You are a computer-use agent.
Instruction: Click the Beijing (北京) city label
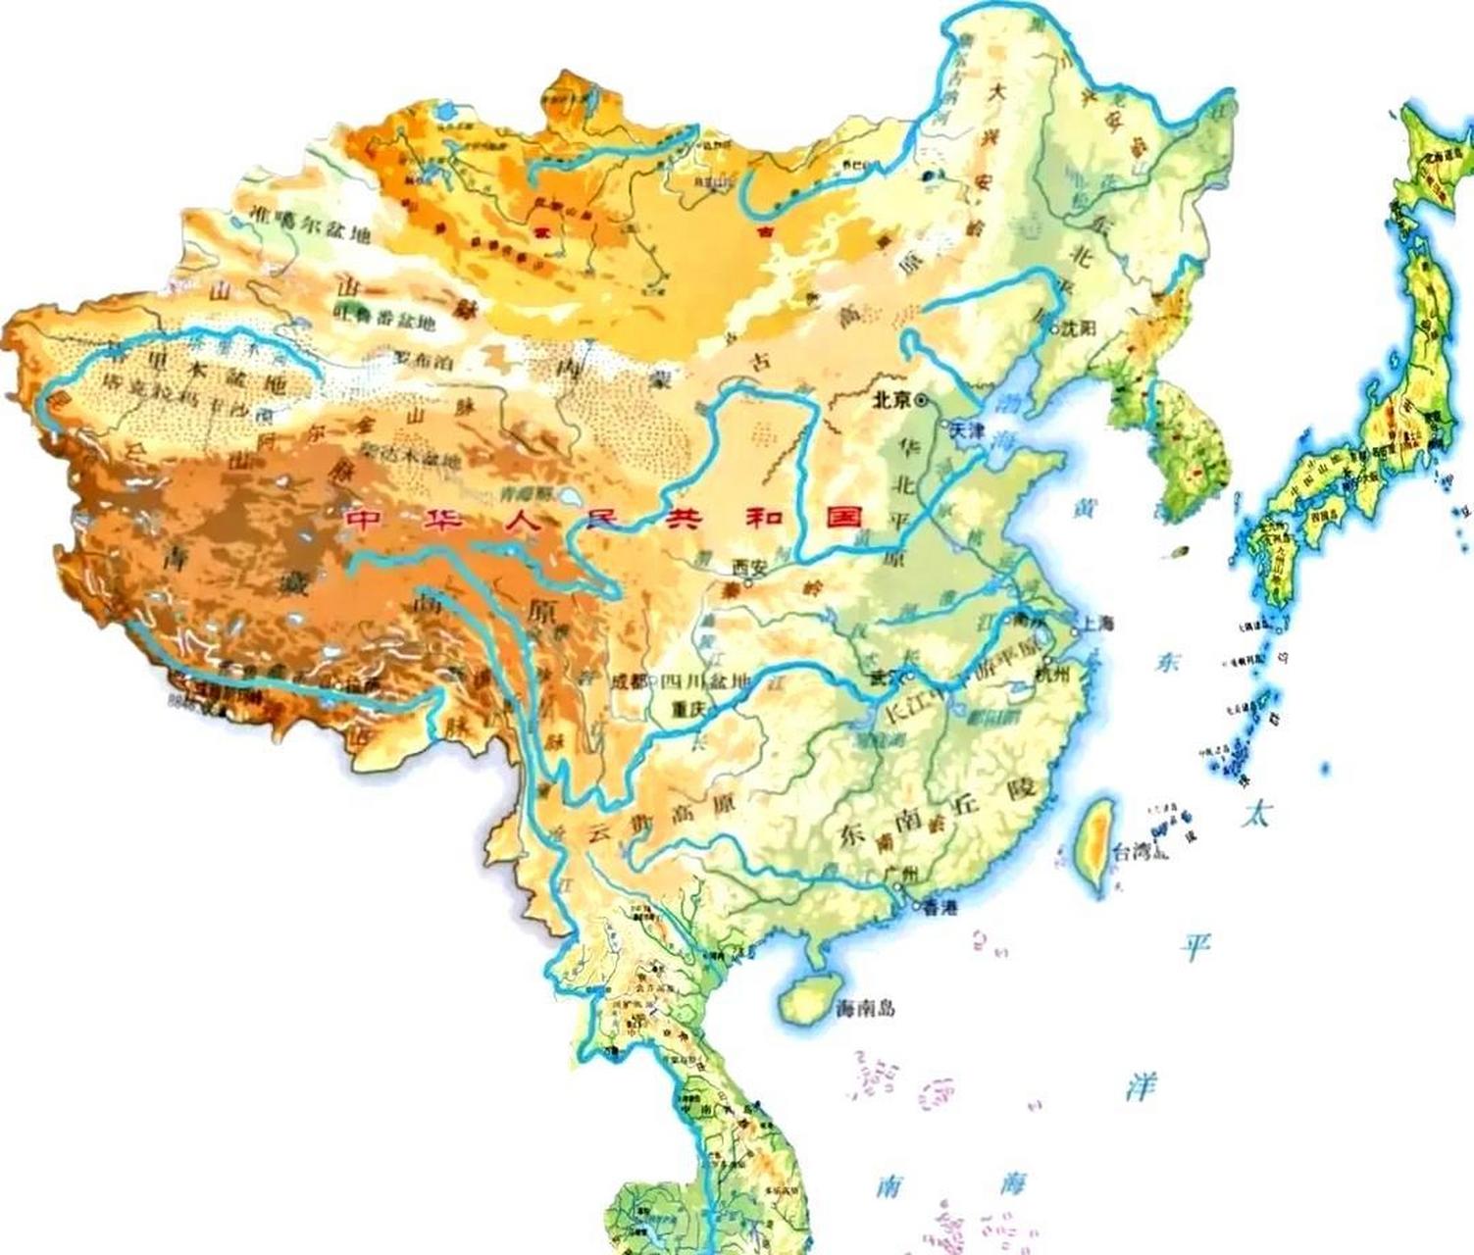click(x=891, y=400)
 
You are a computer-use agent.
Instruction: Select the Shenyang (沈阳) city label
click(x=1076, y=329)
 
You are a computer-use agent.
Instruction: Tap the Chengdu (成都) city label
click(x=630, y=681)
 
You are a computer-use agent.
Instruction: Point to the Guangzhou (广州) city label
click(x=898, y=875)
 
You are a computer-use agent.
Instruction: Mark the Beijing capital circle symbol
click(x=923, y=400)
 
